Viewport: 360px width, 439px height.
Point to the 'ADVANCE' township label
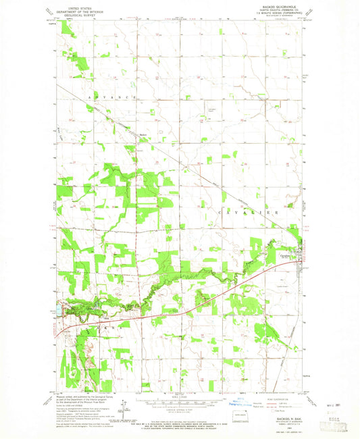tap(111, 98)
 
